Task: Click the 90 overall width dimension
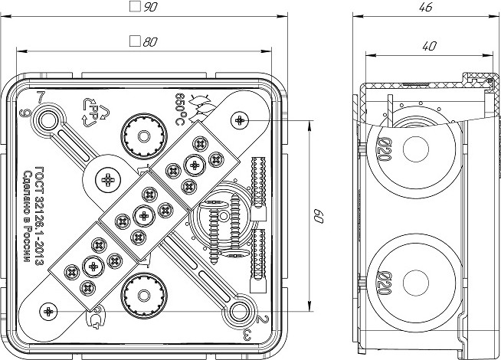(150, 7)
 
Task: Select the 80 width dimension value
(149, 42)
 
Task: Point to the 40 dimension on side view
(429, 47)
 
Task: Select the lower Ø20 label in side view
(382, 280)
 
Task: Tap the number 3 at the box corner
(245, 335)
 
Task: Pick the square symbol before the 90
(135, 7)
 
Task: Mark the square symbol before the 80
(134, 42)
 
